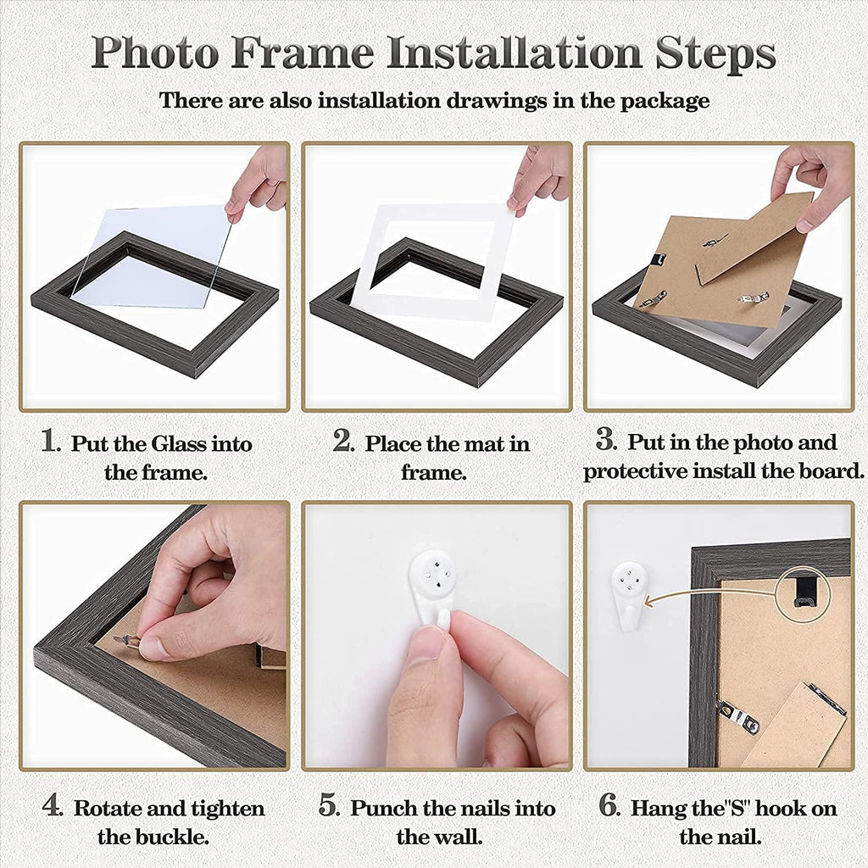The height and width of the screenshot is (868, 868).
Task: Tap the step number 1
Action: [51, 442]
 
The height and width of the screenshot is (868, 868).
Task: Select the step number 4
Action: [53, 806]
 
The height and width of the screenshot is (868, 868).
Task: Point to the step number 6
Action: [609, 805]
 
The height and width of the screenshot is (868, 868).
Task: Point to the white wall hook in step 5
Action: [433, 585]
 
